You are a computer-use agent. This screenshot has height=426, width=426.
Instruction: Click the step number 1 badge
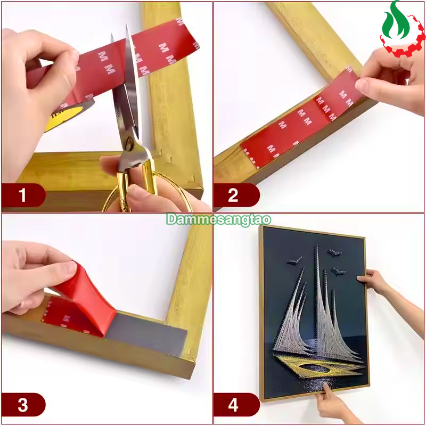coord(23,195)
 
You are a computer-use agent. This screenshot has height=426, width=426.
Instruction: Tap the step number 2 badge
coord(236,195)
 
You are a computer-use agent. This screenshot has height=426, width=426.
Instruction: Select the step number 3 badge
coord(23,405)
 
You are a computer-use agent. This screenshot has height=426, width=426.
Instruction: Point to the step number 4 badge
coord(236,405)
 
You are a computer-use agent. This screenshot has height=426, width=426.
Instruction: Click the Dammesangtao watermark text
coord(219,219)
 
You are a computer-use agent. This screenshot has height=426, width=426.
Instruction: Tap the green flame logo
coord(396,21)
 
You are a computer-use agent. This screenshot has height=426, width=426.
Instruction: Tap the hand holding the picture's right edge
coord(374,281)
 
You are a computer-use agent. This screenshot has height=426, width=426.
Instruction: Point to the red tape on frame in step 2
coord(296,119)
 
